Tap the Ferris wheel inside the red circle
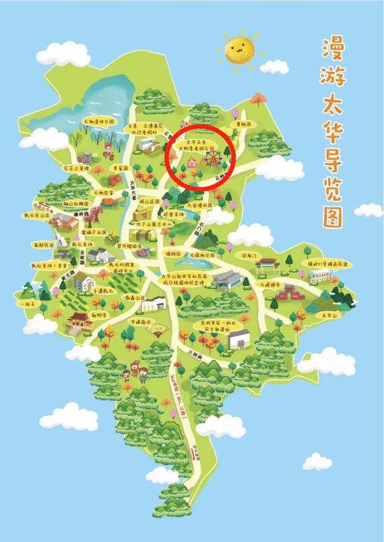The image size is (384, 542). click(212, 158)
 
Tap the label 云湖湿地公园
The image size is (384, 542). click(97, 121)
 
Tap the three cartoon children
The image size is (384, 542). click(135, 372)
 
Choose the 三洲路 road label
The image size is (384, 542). click(196, 352)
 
